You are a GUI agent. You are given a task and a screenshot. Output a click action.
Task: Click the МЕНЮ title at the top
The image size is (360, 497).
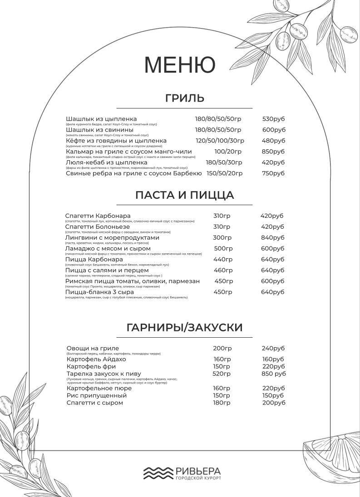[x=180, y=64]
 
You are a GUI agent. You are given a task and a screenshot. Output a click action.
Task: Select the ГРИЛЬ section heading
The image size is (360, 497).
[x=185, y=98]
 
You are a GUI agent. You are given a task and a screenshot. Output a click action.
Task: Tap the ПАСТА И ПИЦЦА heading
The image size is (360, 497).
[x=185, y=195]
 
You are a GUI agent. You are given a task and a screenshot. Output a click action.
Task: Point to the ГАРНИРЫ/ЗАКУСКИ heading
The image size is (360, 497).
[x=185, y=328]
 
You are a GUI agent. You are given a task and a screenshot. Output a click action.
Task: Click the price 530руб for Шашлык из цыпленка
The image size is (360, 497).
[x=273, y=119]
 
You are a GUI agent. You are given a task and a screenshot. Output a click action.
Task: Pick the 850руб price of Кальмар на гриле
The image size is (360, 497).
[x=273, y=152]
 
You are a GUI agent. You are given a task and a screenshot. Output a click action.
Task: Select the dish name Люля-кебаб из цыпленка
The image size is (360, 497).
[x=107, y=162]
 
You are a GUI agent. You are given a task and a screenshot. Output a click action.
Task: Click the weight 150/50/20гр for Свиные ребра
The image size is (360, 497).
[x=225, y=173]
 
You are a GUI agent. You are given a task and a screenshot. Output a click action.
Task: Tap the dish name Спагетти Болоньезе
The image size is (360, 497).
[x=98, y=227]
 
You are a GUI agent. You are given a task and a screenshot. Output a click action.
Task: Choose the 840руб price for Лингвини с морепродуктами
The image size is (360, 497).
[x=272, y=238]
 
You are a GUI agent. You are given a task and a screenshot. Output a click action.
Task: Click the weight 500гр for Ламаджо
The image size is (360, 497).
[x=223, y=249]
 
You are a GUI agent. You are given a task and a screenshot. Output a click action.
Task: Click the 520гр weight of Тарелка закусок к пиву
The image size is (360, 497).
[x=222, y=374]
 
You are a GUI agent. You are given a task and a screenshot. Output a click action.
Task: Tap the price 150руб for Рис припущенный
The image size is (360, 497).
[x=273, y=396]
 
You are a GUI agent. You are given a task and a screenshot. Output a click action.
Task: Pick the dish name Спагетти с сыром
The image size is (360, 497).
[x=94, y=403]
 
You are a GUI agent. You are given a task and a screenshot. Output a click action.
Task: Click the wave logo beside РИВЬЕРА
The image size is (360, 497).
[x=158, y=472]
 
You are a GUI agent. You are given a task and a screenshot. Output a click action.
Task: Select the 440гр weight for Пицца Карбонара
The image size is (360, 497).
[x=223, y=260]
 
